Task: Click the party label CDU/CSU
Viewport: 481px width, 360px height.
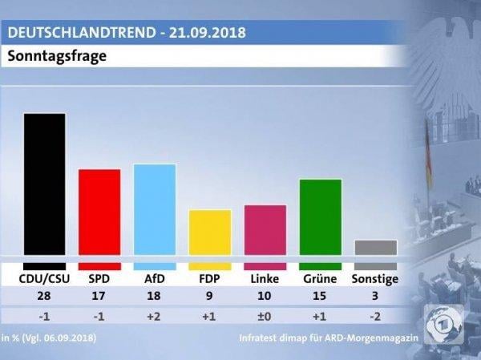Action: (x=44, y=279)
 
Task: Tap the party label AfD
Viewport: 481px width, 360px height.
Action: (x=155, y=279)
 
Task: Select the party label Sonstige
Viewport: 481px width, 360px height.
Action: (x=375, y=279)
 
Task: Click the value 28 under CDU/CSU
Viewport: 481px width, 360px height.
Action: (x=44, y=297)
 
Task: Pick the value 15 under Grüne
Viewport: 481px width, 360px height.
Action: (x=320, y=297)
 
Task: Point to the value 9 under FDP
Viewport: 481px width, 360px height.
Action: (x=209, y=297)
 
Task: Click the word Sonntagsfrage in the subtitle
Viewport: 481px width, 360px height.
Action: (x=57, y=57)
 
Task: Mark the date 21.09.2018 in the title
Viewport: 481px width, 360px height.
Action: (x=204, y=33)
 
